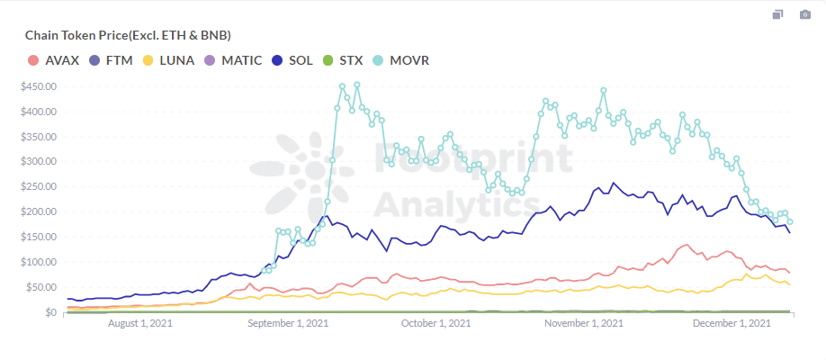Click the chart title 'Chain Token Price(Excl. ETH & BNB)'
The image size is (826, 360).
coord(128,35)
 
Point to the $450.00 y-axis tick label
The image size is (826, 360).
coord(39,86)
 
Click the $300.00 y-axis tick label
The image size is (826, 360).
coord(39,162)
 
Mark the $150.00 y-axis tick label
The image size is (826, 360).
coord(39,238)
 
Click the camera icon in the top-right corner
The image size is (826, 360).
coord(805,14)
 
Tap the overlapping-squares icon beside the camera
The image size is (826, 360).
coord(778,14)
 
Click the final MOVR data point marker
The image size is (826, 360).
coord(790,221)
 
